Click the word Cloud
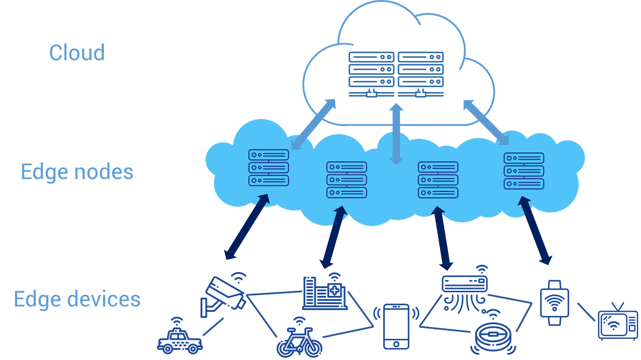77,53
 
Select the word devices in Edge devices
104,299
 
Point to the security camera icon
223,295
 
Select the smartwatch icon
554,303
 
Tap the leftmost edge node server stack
269,168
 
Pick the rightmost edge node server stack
524,170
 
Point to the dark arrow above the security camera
247,227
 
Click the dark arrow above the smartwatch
535,231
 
